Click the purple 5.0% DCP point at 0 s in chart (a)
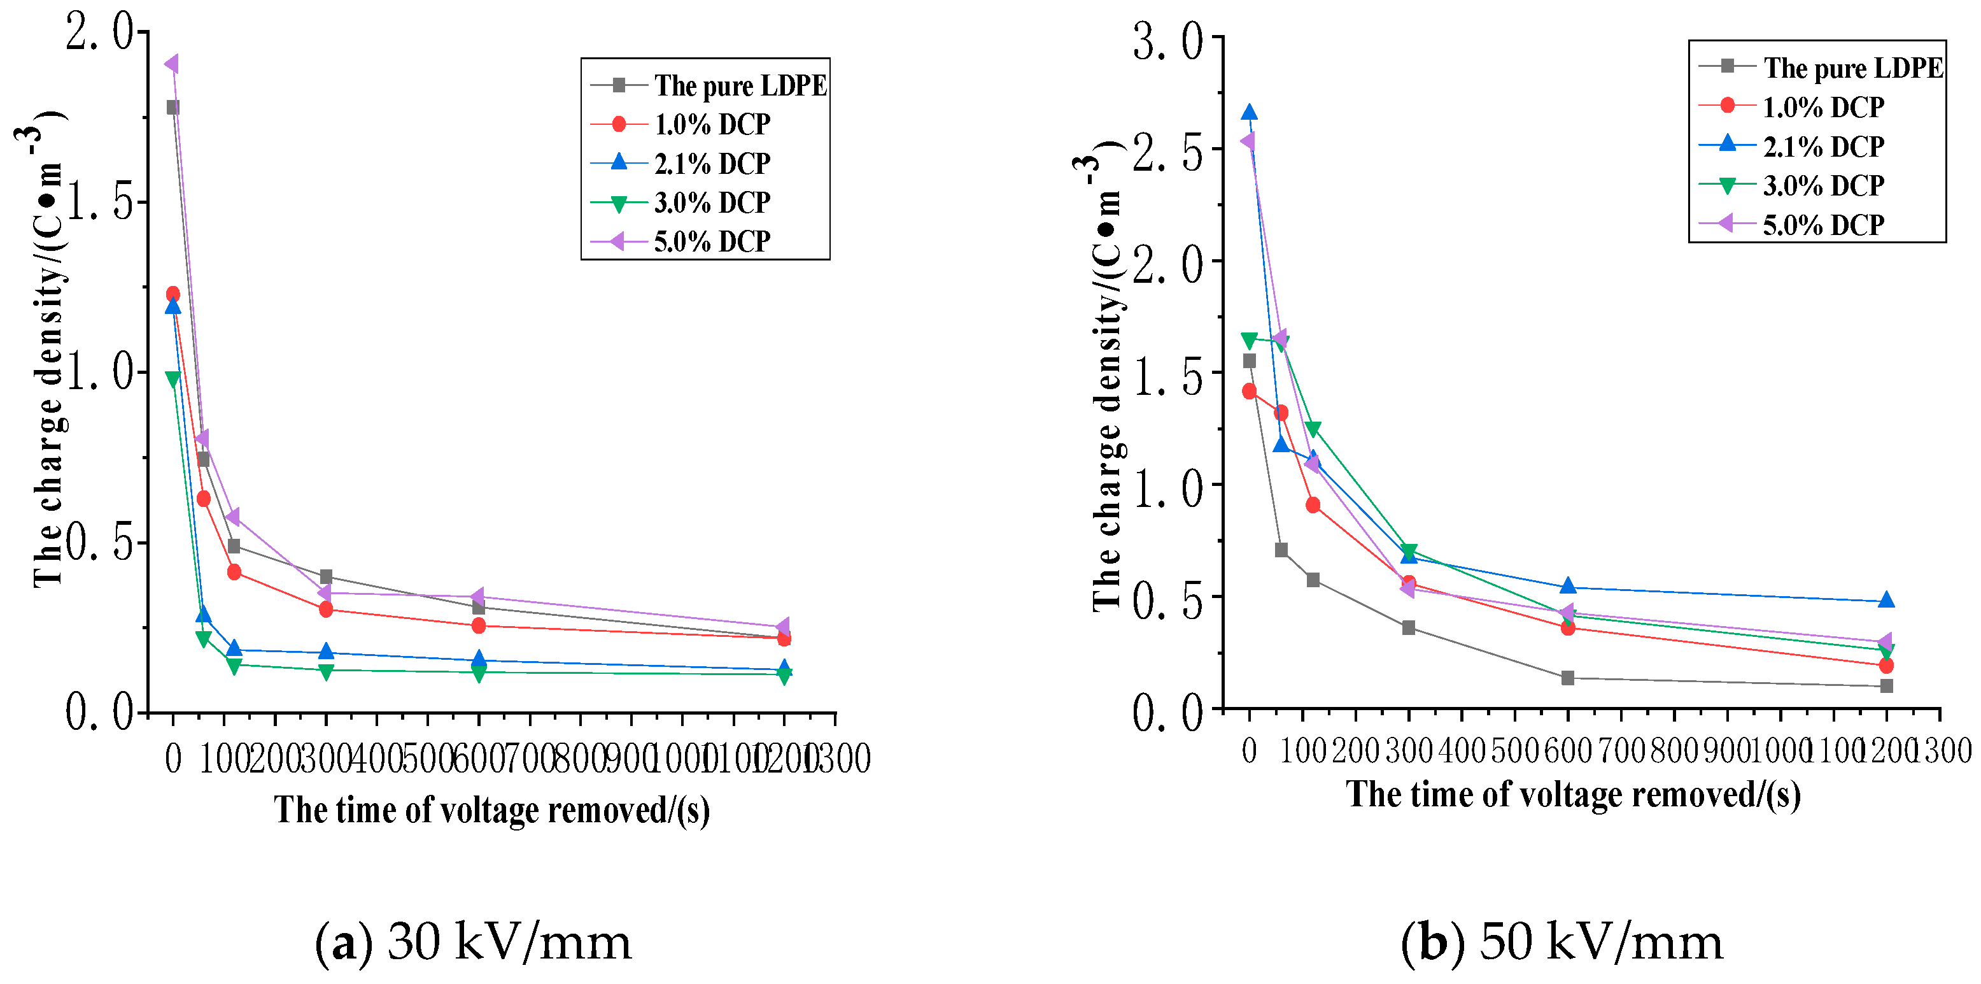pos(173,64)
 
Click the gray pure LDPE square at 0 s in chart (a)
pos(173,107)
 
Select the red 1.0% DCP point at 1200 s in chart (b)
pos(1886,666)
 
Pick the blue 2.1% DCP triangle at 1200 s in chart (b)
pos(1886,600)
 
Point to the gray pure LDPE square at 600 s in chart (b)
pos(1567,678)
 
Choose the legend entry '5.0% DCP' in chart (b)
pos(1822,225)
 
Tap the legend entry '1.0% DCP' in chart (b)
pos(1822,107)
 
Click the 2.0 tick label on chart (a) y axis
pos(100,32)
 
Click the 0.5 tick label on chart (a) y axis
pos(100,543)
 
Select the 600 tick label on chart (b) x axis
pos(1567,751)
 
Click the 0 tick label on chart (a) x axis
pos(173,759)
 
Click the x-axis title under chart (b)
pos(1573,795)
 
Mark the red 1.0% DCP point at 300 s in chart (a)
pos(325,610)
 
